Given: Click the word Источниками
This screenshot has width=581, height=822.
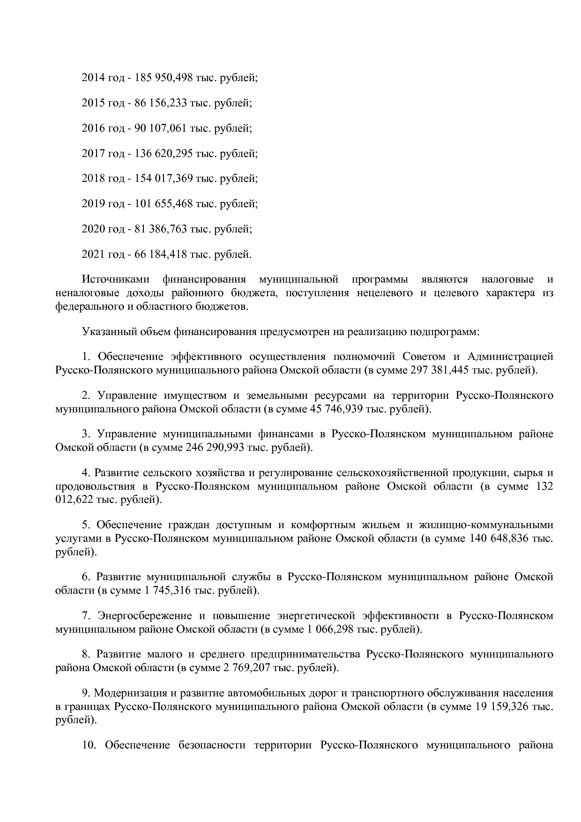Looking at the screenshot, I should coord(115,280).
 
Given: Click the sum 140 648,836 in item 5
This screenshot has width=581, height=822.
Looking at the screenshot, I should coord(499,538).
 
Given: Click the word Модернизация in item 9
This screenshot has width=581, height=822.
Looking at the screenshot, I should coord(125,693).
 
